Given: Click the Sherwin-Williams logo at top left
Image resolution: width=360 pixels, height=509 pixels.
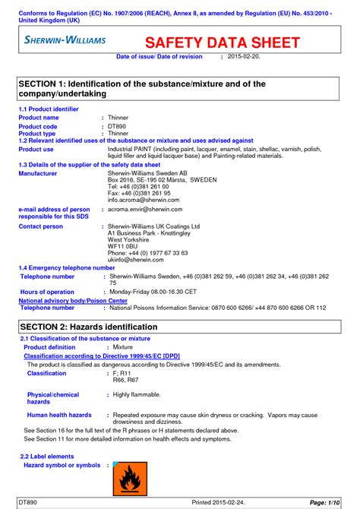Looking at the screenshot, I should (65, 40).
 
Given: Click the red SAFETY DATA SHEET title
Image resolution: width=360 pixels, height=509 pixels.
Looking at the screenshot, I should (223, 43).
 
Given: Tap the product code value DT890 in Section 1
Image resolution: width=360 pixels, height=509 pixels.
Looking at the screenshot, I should (118, 126).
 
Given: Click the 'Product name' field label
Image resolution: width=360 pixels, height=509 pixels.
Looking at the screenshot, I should (39, 118).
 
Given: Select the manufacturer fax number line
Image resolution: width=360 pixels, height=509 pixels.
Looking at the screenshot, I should (138, 194).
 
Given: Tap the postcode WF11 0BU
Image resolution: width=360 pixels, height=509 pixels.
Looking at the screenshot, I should (122, 246).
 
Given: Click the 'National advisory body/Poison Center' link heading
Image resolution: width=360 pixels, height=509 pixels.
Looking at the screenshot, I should (73, 301).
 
